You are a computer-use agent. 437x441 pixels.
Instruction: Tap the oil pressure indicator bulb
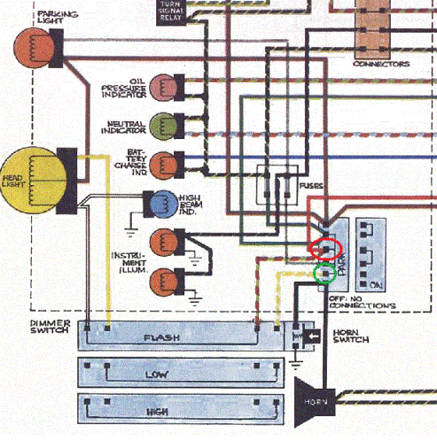point(162,86)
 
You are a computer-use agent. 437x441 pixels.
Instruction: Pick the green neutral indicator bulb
point(162,124)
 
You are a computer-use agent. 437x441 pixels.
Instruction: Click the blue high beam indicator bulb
point(163,203)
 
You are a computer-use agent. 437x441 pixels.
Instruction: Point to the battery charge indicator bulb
point(162,164)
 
